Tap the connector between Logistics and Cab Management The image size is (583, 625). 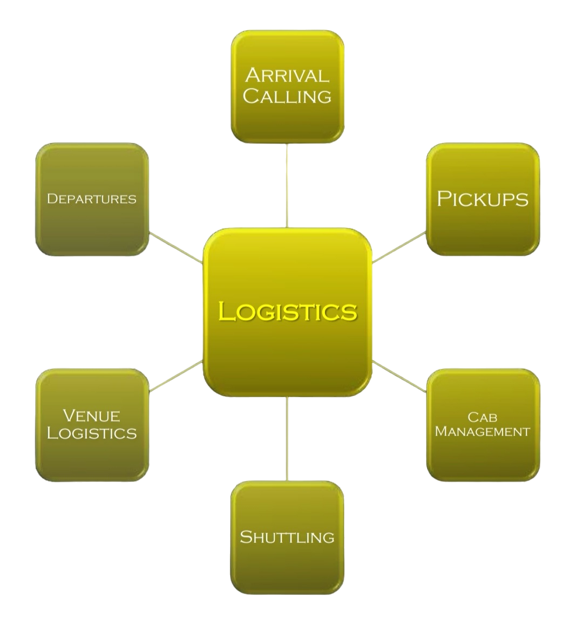coord(399,376)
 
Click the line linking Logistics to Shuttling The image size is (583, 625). coord(287,438)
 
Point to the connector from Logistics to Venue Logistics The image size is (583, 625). coord(175,376)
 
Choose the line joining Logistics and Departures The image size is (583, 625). coord(175,248)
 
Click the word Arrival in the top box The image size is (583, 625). coord(287,76)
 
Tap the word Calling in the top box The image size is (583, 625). coord(287,97)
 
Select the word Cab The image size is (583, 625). coord(483,417)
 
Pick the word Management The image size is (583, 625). coord(483,431)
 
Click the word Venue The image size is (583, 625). coord(92,416)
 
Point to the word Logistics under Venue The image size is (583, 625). coord(92,433)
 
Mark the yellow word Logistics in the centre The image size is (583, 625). coord(287,311)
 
